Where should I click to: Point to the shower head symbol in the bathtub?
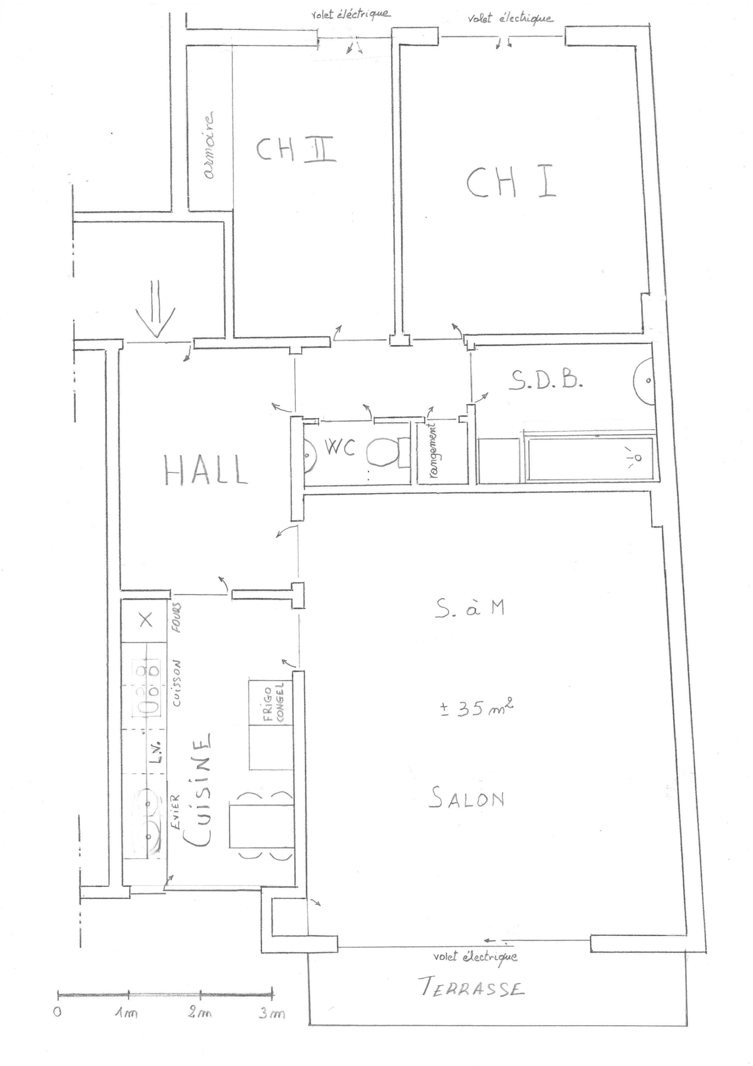635,457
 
